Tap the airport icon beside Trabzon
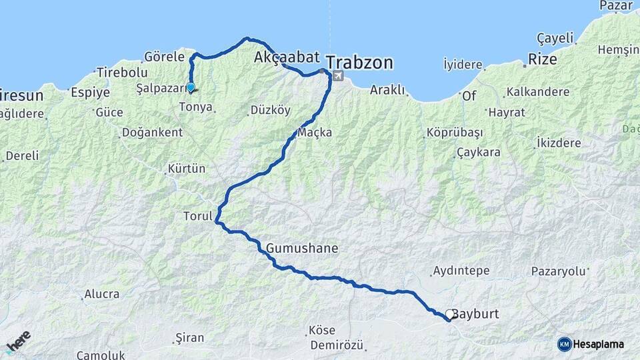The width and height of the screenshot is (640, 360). (338, 76)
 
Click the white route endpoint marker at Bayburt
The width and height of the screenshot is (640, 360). (450, 314)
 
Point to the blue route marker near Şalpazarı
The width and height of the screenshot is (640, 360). (191, 87)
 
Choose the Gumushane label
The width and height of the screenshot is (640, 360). (302, 249)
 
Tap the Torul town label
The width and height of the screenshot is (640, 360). (197, 216)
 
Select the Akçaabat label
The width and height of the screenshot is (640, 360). (287, 57)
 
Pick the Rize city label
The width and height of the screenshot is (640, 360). (543, 59)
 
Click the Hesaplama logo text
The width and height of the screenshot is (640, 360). (599, 344)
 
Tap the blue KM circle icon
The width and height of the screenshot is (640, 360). (565, 344)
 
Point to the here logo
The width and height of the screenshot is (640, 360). (19, 341)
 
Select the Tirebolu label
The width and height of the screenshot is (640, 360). (121, 72)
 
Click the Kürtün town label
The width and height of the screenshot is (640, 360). (187, 168)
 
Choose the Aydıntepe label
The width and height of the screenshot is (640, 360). (461, 271)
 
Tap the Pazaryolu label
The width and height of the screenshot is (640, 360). (558, 271)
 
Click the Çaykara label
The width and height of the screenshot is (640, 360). (479, 153)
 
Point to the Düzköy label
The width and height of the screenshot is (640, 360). (271, 110)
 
